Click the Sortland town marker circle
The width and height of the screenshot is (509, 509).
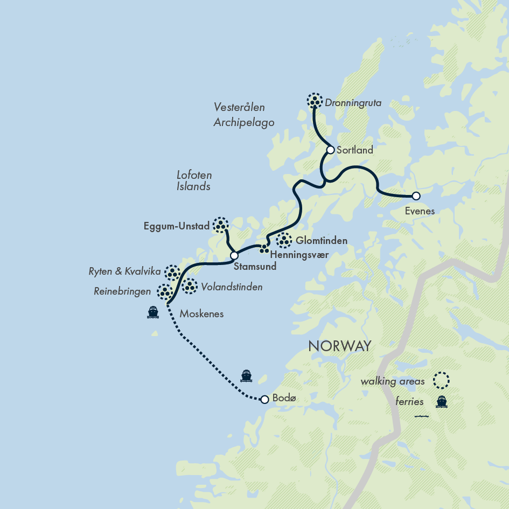click(331, 150)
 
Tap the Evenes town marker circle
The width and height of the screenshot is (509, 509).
click(416, 196)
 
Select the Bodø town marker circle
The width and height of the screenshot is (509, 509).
click(264, 400)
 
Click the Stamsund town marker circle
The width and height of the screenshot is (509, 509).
click(234, 256)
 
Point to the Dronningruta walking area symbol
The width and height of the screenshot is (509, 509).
click(315, 100)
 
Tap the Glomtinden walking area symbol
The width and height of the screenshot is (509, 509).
click(284, 241)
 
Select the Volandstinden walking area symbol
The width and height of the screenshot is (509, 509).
click(190, 287)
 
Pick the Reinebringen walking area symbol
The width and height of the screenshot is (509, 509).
click(164, 291)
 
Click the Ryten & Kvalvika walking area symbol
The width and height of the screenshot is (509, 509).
click(172, 273)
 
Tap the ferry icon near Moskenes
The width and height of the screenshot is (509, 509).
click(153, 312)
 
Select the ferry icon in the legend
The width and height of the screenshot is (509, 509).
click(442, 401)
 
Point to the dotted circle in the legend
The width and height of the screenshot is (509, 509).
click(442, 381)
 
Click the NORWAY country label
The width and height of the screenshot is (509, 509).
click(339, 346)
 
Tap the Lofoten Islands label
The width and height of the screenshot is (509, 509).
click(194, 181)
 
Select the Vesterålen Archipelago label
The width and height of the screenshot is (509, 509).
click(243, 115)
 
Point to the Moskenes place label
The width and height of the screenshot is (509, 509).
click(201, 313)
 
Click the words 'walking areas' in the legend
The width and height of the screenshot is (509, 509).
click(393, 381)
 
